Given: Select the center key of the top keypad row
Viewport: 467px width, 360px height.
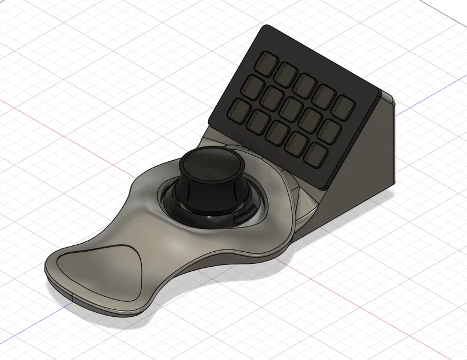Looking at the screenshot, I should click(x=304, y=82).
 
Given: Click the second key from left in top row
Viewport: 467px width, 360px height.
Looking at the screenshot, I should click(x=286, y=71).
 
